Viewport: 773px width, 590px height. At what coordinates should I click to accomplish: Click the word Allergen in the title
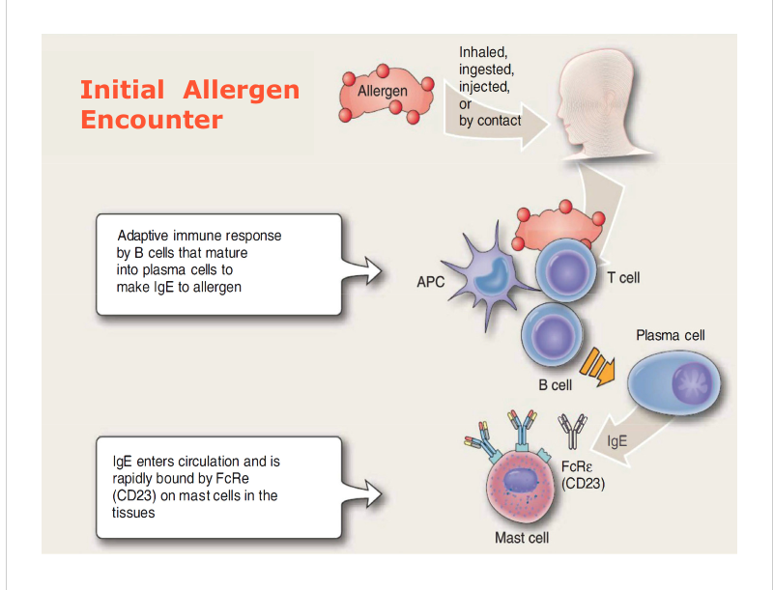242,91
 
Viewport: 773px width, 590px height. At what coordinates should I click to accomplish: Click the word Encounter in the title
152,120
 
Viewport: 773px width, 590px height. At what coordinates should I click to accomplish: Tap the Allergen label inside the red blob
383,92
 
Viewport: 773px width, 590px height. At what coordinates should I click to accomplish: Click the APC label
431,284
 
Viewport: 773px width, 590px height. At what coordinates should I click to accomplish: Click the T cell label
623,278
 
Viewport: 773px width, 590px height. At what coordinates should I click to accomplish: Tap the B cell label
555,385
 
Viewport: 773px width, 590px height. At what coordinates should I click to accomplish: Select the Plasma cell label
671,336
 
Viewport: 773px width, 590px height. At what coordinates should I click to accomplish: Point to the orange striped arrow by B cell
597,365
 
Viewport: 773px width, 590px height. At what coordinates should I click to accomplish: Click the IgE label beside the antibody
617,441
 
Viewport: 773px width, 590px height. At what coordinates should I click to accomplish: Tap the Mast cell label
522,538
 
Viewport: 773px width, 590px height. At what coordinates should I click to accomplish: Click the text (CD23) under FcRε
583,483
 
